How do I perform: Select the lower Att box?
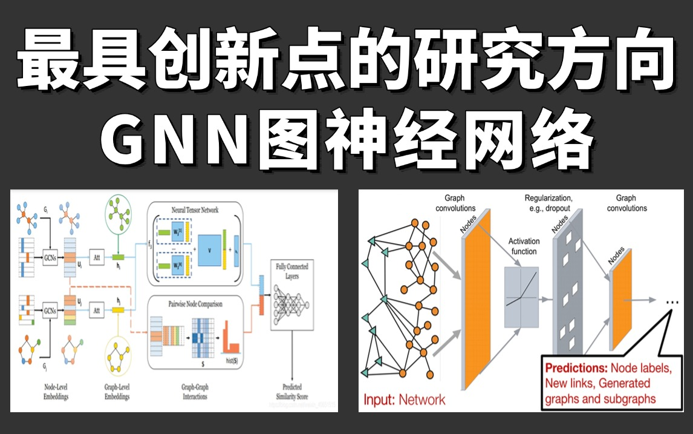pos(97,310)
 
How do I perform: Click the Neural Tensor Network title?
pos(194,210)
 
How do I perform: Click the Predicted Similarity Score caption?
pos(292,390)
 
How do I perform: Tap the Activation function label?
pos(524,246)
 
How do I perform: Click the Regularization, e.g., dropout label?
pos(548,203)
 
